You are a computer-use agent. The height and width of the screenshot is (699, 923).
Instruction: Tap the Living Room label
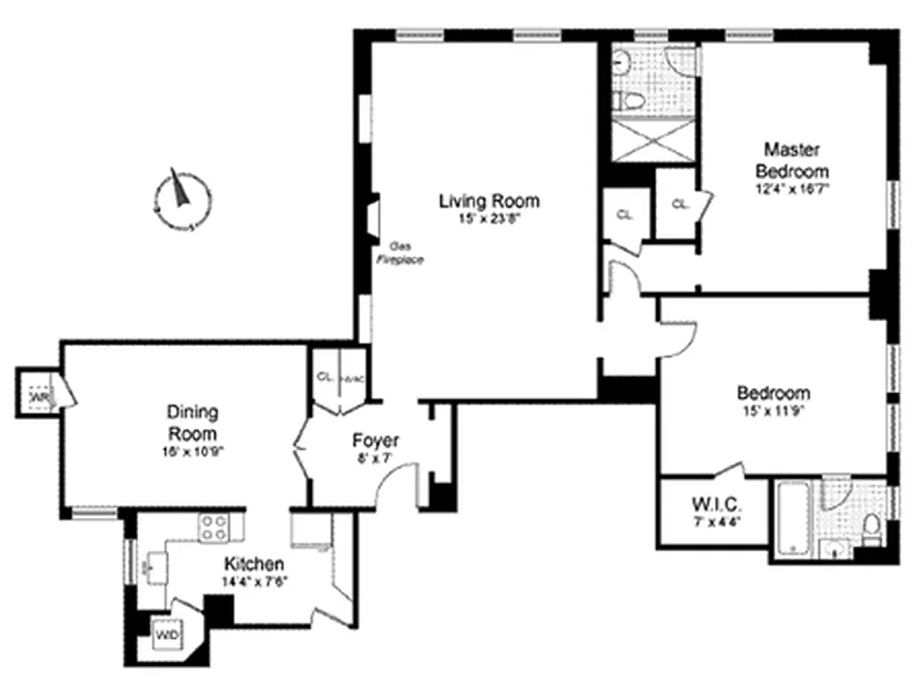489,201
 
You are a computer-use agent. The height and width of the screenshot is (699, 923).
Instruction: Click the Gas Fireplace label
399,253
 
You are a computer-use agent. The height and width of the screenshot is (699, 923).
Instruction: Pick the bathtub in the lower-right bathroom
791,518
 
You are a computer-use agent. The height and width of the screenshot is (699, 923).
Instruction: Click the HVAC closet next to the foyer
351,380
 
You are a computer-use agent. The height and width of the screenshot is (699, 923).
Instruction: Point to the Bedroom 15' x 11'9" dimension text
774,411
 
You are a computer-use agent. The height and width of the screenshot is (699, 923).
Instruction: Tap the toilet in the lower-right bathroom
871,526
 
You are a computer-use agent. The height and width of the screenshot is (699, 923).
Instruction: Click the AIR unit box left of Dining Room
38,398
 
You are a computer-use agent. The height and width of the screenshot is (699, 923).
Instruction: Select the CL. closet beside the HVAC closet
325,378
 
